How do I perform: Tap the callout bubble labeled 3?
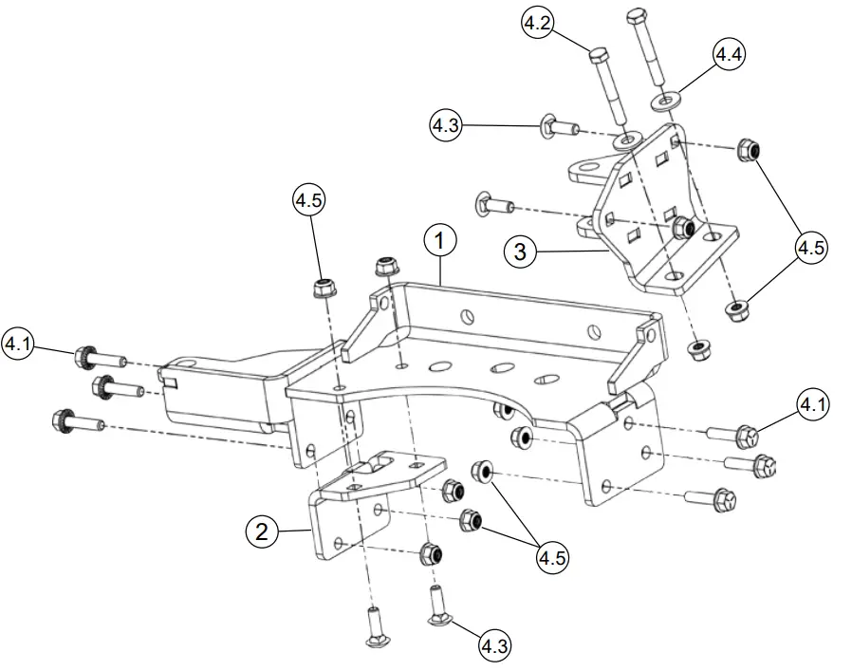[x=521, y=252]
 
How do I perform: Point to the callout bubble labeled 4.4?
[x=728, y=55]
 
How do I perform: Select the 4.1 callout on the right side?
[x=812, y=406]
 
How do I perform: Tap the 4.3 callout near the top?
[x=448, y=124]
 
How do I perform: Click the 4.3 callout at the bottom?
[x=492, y=647]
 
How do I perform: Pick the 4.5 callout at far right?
[x=811, y=248]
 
